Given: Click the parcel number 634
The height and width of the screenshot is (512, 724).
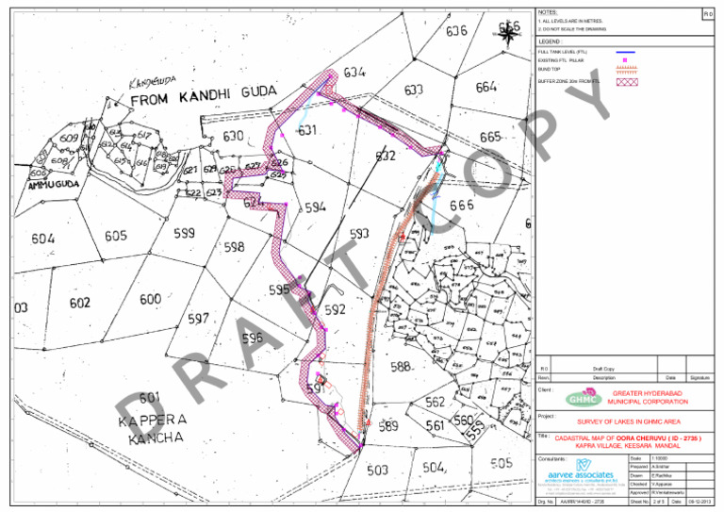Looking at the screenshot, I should pos(354,73).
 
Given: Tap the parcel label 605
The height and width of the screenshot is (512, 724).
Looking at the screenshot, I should pos(116,236).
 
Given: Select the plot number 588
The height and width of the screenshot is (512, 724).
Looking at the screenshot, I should pos(400,366).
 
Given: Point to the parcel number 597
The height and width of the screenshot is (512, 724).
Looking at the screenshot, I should pos(197,320).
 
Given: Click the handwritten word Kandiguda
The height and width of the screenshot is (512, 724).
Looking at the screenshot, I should pos(150,86).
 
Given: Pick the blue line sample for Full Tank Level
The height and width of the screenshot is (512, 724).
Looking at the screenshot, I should pos(625,51).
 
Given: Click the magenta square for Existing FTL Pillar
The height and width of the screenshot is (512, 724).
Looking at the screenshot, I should pos(625,59).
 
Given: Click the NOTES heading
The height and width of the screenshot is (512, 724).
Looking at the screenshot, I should pos(547,10).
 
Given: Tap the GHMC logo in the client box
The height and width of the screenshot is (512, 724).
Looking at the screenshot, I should pos(583,398).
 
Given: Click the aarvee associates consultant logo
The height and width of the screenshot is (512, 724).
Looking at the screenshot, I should pos(582,471).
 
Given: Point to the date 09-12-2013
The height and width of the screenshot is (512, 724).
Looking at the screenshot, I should pos(699,503).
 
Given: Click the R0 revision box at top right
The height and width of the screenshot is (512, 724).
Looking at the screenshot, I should pos(708,15).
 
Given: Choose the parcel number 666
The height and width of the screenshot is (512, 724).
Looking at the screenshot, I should pos(461,206).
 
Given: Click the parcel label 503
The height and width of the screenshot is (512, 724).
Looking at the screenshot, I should pos(377,470).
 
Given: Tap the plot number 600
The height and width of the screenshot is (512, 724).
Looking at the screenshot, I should pos(150,299).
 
